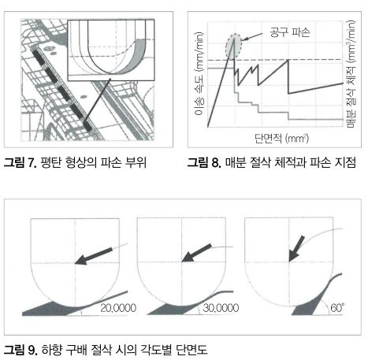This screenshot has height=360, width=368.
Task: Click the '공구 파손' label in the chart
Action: (x=290, y=32)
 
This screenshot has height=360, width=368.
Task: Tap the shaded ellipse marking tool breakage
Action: (x=233, y=46)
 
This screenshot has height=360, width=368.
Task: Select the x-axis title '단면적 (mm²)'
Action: (x=282, y=138)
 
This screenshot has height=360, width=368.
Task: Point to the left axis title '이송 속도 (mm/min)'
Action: (x=199, y=74)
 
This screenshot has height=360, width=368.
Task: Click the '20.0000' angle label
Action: (x=118, y=308)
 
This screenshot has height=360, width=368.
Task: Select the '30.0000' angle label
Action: (x=221, y=308)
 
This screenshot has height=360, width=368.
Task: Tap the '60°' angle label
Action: (x=337, y=307)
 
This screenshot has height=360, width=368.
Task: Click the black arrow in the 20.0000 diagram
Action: (x=94, y=256)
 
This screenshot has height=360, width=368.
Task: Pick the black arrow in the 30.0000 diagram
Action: (x=196, y=253)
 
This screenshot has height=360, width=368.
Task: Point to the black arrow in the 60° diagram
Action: (x=297, y=248)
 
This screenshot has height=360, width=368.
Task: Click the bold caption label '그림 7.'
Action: (x=20, y=162)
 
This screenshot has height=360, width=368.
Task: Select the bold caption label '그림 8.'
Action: (x=204, y=162)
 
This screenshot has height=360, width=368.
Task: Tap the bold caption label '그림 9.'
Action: (x=20, y=350)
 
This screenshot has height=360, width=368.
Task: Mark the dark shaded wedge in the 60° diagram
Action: (x=310, y=302)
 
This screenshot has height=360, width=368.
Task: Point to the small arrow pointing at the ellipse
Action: (x=251, y=37)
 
